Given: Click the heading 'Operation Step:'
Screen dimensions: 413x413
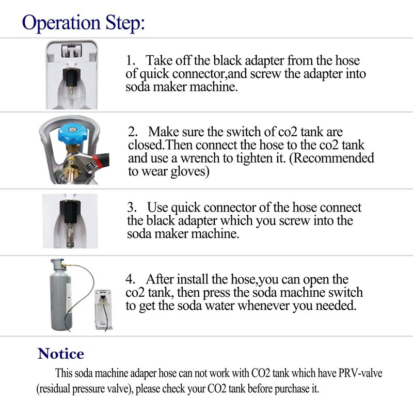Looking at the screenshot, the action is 83,23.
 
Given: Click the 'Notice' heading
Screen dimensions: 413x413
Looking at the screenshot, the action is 61,354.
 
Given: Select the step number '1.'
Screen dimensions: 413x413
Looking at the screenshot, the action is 131,60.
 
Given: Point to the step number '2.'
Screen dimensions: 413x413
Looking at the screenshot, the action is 133,132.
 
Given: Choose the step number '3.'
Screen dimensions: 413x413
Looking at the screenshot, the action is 132,208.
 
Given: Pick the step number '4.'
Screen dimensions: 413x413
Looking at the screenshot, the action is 131,279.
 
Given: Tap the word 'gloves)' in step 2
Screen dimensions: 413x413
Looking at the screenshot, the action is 190,172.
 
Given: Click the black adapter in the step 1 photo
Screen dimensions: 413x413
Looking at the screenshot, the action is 71,77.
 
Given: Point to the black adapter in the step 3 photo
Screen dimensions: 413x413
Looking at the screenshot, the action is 70,211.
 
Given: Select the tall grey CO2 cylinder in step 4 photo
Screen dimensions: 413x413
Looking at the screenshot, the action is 61,294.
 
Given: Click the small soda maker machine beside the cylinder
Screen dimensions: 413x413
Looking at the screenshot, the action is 103,309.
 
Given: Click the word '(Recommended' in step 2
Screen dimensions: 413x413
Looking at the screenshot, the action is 331,158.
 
